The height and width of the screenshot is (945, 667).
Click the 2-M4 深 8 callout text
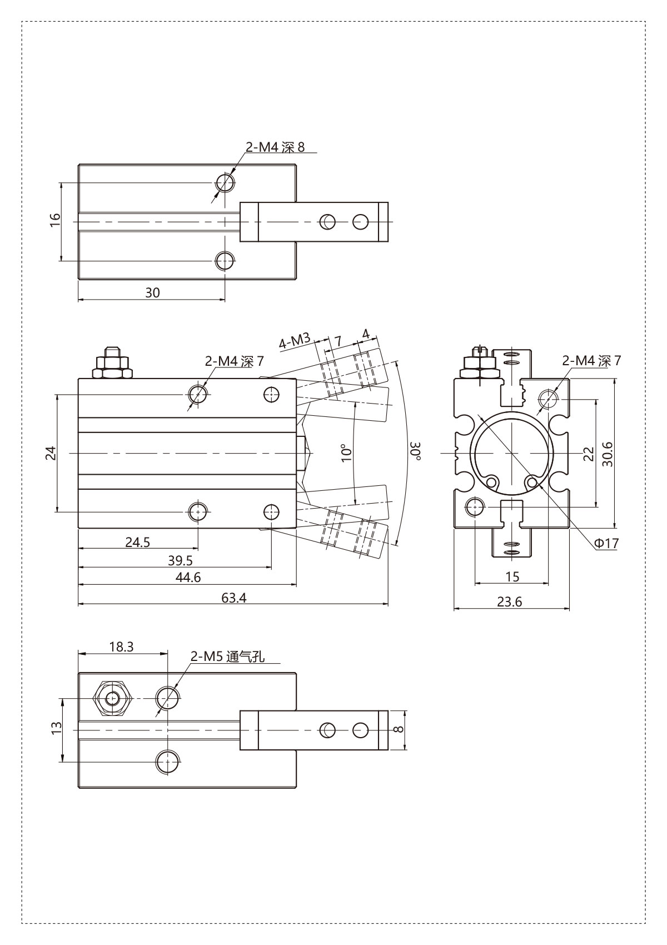(275, 147)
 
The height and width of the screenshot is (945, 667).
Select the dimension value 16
(55, 221)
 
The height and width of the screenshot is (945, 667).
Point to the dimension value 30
(153, 292)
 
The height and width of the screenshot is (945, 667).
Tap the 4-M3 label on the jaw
(295, 341)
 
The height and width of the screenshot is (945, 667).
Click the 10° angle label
(346, 452)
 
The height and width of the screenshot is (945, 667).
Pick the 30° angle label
(416, 451)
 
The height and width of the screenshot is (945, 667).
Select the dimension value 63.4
(233, 598)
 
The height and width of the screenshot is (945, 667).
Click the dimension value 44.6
(188, 577)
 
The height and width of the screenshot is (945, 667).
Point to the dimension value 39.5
(180, 560)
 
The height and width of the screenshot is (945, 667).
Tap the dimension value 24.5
(137, 541)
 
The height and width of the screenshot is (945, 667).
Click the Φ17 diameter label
(606, 544)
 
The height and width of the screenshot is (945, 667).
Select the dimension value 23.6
(510, 601)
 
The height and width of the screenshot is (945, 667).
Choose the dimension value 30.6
(608, 454)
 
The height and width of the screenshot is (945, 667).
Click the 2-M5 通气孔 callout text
(227, 657)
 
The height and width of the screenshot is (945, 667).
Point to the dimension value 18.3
(122, 646)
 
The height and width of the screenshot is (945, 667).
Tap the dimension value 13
(57, 728)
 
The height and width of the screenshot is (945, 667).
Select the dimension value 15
(512, 576)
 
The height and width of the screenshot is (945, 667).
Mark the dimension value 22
(589, 454)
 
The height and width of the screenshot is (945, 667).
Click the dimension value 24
(51, 453)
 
